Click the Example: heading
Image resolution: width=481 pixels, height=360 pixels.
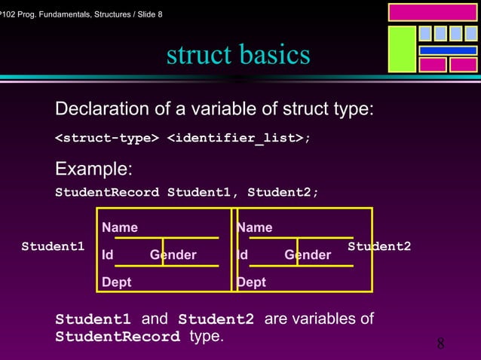pyautogui.click(x=94, y=167)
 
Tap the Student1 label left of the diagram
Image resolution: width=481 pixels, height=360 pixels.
pyautogui.click(x=53, y=246)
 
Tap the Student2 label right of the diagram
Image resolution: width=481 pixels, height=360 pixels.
pyautogui.click(x=379, y=246)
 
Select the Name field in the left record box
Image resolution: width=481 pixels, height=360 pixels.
pyautogui.click(x=120, y=227)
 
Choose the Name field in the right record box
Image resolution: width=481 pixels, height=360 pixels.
pyautogui.click(x=255, y=227)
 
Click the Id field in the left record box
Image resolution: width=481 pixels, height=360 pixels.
pyautogui.click(x=108, y=255)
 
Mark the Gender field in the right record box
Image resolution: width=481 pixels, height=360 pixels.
pyautogui.click(x=308, y=255)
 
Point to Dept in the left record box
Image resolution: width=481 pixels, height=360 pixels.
pyautogui.click(x=117, y=282)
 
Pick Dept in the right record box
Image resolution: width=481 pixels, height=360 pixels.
pyautogui.click(x=251, y=282)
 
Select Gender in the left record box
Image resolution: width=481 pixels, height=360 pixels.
pyautogui.click(x=173, y=255)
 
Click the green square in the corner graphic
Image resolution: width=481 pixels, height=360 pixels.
pyautogui.click(x=402, y=49)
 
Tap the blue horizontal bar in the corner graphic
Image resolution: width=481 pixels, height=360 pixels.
pyautogui.click(x=448, y=50)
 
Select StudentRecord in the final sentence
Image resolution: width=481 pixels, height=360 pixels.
pyautogui.click(x=118, y=337)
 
